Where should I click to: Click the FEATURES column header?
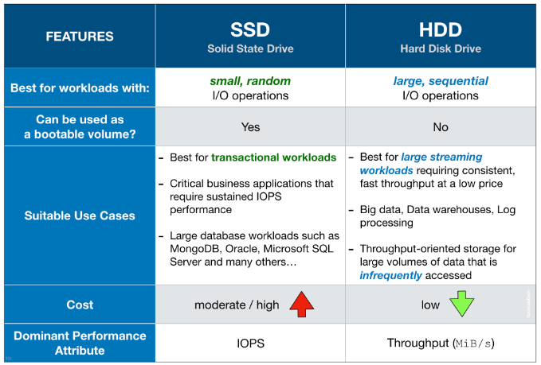80,36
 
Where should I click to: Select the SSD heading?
250,29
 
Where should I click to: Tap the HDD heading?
441,29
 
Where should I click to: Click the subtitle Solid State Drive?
250,49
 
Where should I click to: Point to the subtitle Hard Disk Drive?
441,49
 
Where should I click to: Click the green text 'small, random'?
250,81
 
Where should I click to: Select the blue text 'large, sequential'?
441,81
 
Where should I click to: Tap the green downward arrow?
461,305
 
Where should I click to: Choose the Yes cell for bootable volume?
250,126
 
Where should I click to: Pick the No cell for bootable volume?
441,126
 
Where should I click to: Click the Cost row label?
80,305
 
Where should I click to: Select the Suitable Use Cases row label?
80,216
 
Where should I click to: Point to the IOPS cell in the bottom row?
250,344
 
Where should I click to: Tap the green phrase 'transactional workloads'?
273,157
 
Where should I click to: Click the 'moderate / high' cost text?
237,305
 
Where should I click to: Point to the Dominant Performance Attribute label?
80,344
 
